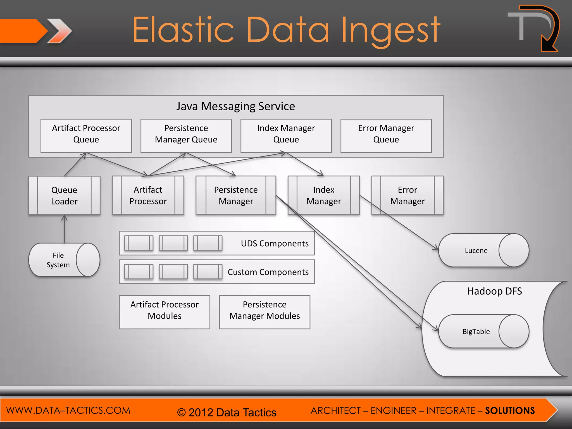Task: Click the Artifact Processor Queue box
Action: (86, 136)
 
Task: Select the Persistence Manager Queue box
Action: (186, 136)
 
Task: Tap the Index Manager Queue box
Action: (286, 136)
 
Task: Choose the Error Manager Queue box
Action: (386, 136)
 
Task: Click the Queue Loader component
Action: (64, 196)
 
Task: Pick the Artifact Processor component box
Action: (148, 196)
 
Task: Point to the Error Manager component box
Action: (407, 196)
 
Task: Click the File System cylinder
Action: (59, 260)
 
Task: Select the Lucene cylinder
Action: (476, 251)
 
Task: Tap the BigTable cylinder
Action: (476, 332)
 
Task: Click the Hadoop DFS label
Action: (494, 291)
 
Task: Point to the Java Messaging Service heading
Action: (235, 106)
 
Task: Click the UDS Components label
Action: (275, 244)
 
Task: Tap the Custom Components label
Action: (268, 272)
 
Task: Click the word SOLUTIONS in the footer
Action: (510, 411)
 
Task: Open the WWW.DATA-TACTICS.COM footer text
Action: (68, 410)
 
